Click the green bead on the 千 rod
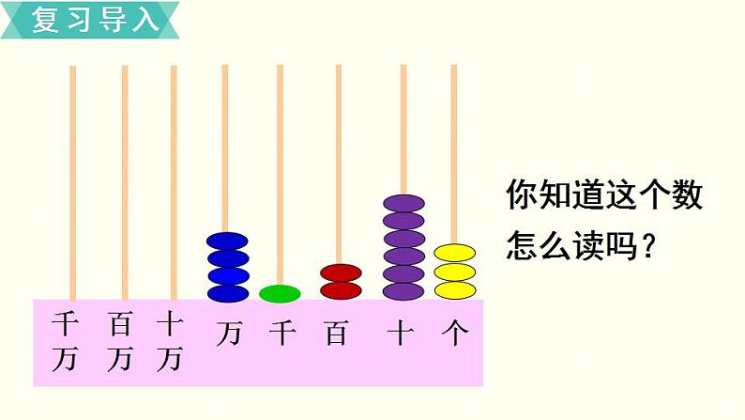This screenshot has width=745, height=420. click(280, 293)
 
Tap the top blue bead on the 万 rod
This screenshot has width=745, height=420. click(227, 241)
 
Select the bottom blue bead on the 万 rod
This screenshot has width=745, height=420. click(227, 292)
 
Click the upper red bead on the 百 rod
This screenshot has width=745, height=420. click(341, 272)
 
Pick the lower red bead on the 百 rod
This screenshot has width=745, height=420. click(341, 290)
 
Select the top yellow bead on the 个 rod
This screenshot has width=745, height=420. click(455, 253)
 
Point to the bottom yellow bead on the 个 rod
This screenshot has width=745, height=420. click(455, 289)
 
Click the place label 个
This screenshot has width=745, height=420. click(455, 333)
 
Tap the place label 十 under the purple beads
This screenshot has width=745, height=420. click(401, 333)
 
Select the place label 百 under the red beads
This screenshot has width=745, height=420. click(336, 333)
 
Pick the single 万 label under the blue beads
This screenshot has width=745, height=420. click(228, 334)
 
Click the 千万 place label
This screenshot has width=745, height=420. click(65, 342)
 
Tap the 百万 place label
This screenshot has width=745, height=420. click(119, 342)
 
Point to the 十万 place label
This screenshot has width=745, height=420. click(169, 342)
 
